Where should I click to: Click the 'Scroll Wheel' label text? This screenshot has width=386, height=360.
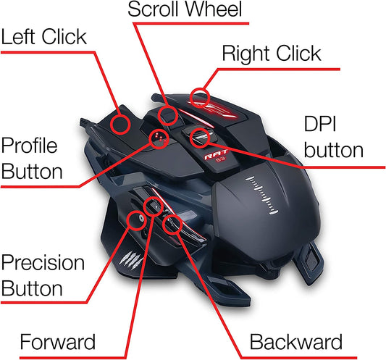185,9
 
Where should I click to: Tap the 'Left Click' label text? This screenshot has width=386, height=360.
44,37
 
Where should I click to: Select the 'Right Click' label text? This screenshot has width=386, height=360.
272,54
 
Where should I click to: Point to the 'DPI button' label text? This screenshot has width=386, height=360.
334,137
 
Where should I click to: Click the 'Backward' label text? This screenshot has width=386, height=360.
296,342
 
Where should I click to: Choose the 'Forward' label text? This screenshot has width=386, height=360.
58,342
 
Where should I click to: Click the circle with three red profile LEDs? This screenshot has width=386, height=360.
150,139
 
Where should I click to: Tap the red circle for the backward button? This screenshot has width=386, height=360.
164,224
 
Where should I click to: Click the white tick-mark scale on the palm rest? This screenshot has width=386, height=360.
262,196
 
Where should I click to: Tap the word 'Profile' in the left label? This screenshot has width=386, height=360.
29,146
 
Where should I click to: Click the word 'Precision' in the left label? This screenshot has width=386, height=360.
43,263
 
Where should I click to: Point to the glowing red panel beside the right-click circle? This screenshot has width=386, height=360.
217,109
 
